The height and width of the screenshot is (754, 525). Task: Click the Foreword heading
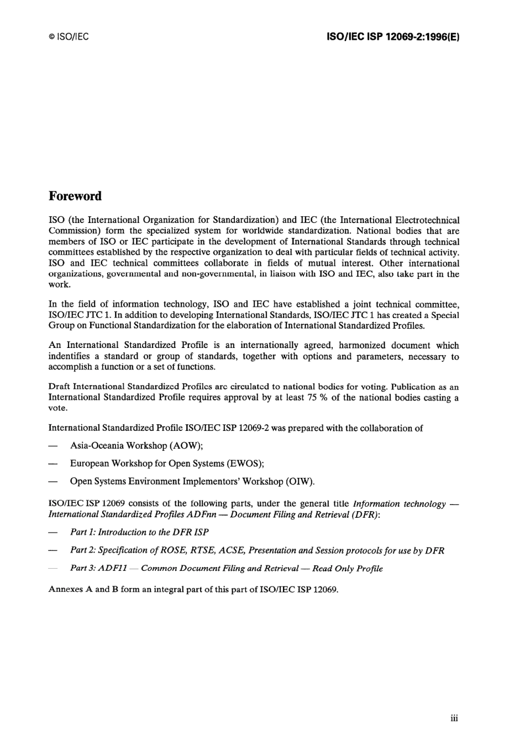pyautogui.click(x=75, y=196)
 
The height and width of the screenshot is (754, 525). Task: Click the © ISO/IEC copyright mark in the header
pyautogui.click(x=69, y=37)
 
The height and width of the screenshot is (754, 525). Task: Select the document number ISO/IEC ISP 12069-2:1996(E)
pyautogui.click(x=393, y=37)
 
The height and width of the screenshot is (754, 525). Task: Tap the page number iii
pyautogui.click(x=454, y=718)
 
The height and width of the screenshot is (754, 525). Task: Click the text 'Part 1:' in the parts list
pyautogui.click(x=83, y=532)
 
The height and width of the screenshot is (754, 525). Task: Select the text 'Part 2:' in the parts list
pyautogui.click(x=83, y=550)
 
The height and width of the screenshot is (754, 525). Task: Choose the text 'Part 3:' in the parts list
pyautogui.click(x=83, y=569)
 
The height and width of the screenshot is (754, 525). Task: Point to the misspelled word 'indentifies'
pyautogui.click(x=73, y=356)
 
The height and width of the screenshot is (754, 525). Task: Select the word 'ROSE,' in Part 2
pyautogui.click(x=176, y=550)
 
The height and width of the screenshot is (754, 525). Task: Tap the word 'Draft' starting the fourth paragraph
pyautogui.click(x=59, y=387)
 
